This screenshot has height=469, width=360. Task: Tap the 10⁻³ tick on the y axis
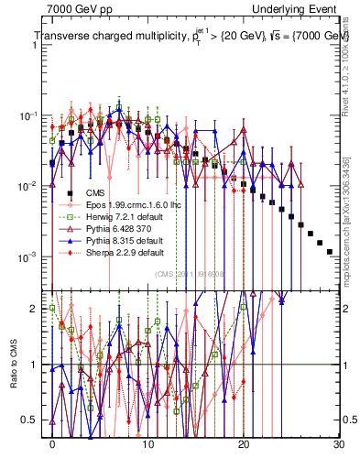33,256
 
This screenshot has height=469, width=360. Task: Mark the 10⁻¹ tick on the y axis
33,115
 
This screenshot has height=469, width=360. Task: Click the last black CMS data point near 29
330,251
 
